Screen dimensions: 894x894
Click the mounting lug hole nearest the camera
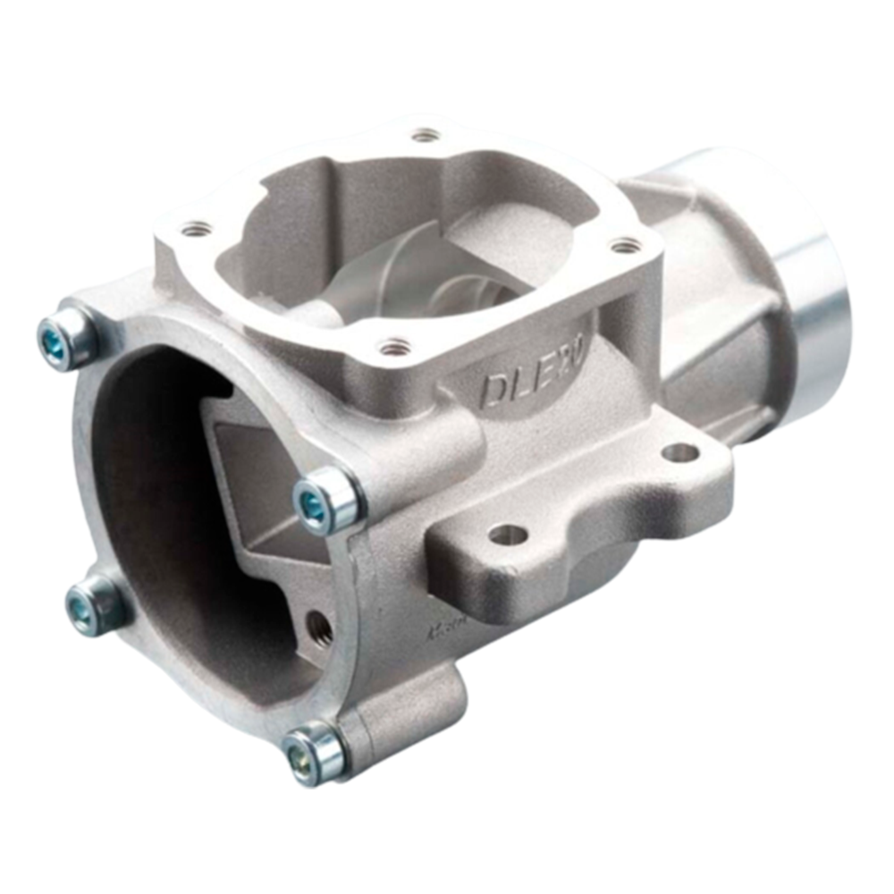[507, 536]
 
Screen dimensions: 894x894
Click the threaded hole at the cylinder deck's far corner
[426, 136]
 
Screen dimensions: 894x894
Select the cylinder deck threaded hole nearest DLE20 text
[392, 344]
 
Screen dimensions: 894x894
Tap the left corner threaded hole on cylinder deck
[195, 230]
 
